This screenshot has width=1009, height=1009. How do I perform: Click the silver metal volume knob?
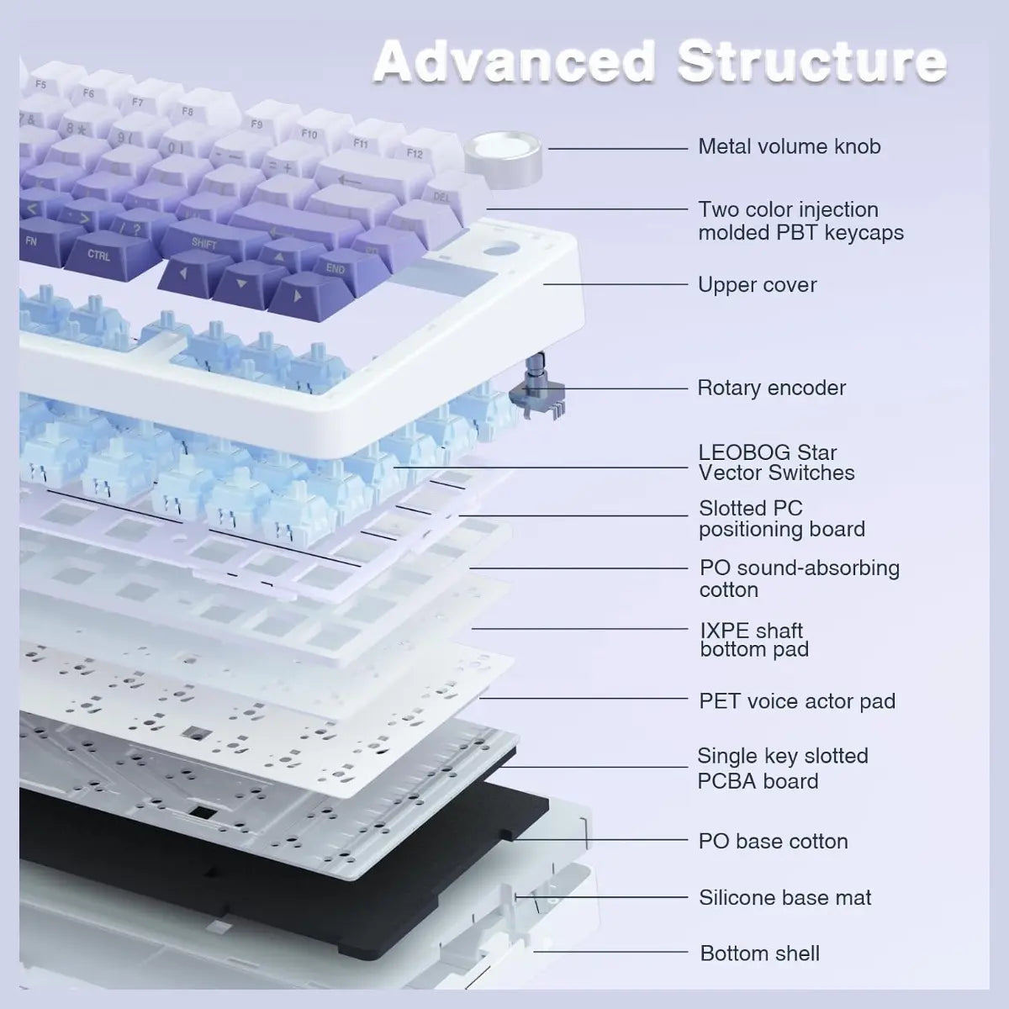point(503,155)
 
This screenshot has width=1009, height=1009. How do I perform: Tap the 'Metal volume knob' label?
point(789,146)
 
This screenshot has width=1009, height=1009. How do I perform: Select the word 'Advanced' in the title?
point(515,61)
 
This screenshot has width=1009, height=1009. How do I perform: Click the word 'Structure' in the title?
point(812,61)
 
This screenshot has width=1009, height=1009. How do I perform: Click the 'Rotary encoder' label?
point(771,388)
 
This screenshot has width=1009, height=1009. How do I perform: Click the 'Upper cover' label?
point(757,285)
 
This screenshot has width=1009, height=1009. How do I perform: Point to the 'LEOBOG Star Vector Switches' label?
point(776,462)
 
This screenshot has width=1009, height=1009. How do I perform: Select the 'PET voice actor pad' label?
point(797,701)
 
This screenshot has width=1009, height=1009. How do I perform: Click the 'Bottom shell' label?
point(760,953)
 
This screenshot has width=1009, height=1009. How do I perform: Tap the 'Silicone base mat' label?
point(784,897)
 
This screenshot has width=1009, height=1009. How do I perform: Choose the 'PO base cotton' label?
point(773,841)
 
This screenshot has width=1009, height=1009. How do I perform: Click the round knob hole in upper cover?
point(499,249)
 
